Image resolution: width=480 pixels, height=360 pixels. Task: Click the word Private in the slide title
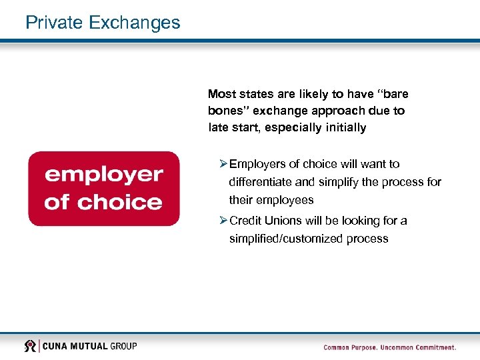pyautogui.click(x=53, y=23)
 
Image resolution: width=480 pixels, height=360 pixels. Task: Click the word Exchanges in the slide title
pyautogui.click(x=134, y=23)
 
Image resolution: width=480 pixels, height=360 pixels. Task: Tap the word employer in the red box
pyautogui.click(x=103, y=175)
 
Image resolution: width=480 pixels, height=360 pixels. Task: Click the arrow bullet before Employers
pyautogui.click(x=223, y=164)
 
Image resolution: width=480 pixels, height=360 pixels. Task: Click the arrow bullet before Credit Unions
pyautogui.click(x=223, y=221)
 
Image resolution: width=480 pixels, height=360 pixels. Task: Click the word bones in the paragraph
pyautogui.click(x=225, y=111)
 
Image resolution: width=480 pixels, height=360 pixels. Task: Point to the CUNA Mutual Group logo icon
pyautogui.click(x=30, y=346)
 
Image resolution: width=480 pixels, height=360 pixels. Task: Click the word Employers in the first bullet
pyautogui.click(x=257, y=164)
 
